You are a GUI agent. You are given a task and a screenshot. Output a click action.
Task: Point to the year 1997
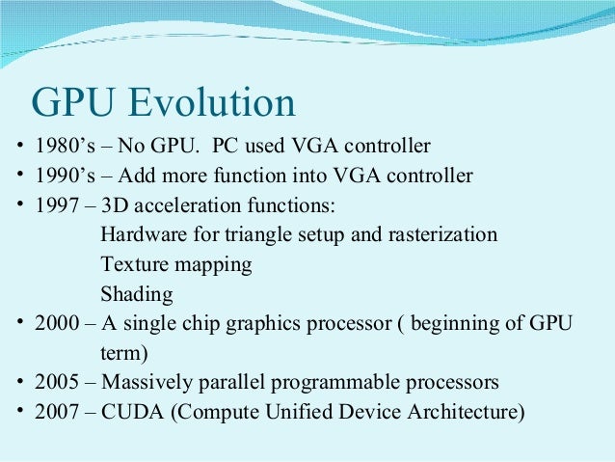coord(53,205)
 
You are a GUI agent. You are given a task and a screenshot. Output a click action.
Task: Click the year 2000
coord(54,323)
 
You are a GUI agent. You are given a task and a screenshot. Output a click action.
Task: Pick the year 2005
coord(54,382)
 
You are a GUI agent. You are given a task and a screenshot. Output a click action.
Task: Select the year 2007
coord(54,412)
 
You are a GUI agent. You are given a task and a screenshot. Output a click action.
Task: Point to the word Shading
coord(136,293)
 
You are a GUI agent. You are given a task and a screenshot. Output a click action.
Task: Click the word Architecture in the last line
coord(469,412)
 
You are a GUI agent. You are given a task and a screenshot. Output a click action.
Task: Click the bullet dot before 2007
coord(19,412)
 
